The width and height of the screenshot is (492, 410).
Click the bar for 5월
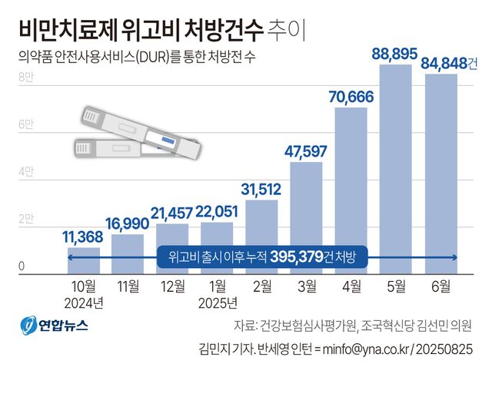click(x=396, y=169)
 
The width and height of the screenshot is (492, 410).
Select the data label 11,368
click(x=85, y=237)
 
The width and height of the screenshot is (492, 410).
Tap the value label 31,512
click(x=261, y=190)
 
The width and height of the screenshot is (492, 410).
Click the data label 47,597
click(x=306, y=151)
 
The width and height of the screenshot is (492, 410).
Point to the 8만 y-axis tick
click(x=25, y=76)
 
